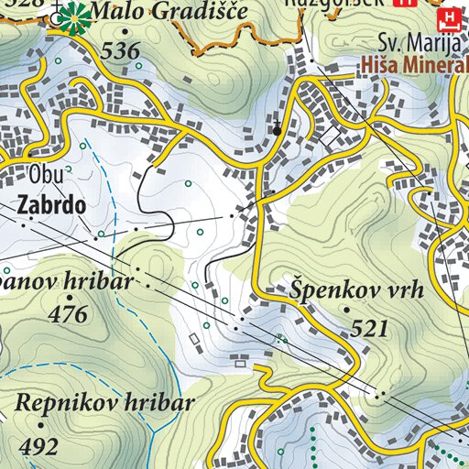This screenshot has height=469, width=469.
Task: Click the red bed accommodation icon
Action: [448, 18]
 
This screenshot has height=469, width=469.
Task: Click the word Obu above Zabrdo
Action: [42, 174]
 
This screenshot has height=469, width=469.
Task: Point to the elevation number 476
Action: [70, 314]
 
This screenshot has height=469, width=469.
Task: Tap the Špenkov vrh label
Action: [356, 290]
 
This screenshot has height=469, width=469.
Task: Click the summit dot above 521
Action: [347, 311]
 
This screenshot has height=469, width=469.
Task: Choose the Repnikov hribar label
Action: [105, 403]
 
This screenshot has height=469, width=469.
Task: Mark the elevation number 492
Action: [39, 446]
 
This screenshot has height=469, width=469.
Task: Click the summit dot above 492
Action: [40, 426]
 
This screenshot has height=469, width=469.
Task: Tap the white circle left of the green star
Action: [59, 16]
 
